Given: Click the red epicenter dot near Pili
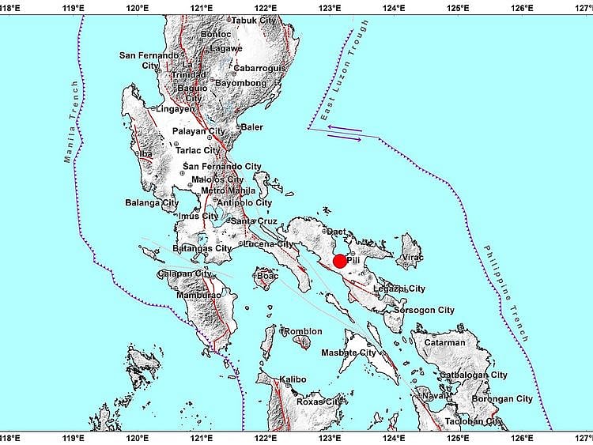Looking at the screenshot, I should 340,262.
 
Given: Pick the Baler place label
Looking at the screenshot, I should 253,126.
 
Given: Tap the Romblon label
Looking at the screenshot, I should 304,331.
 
